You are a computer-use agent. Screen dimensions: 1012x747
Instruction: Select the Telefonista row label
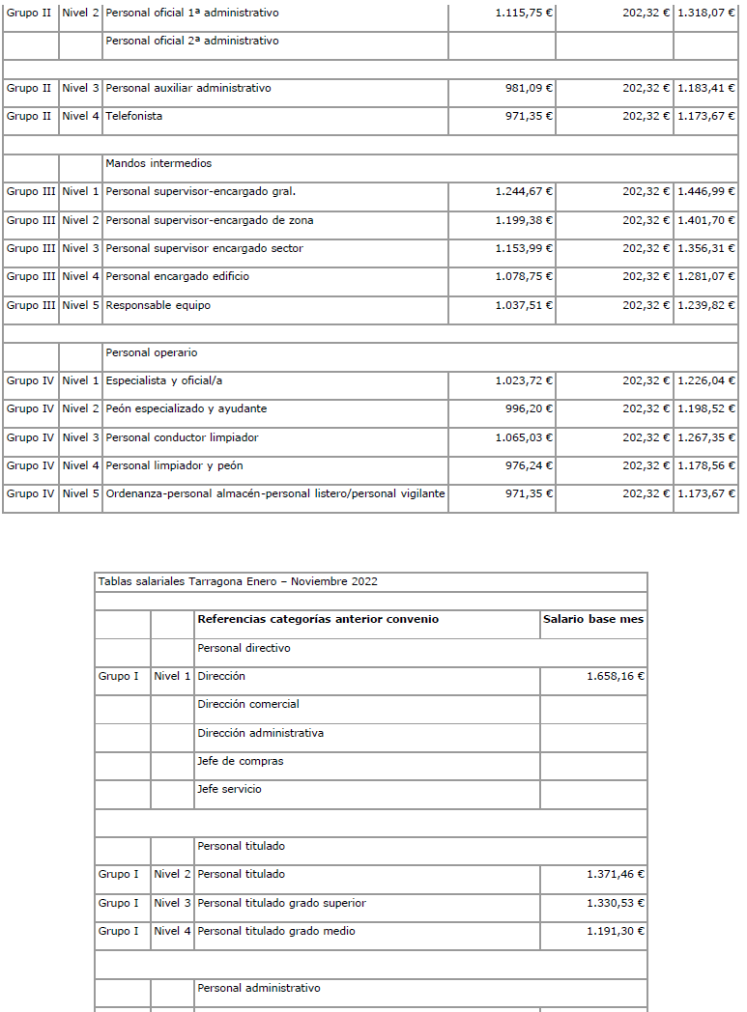pos(134,116)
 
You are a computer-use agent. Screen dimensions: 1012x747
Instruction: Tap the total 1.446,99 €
pos(705,191)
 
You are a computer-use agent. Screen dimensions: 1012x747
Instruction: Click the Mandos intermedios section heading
pos(158,163)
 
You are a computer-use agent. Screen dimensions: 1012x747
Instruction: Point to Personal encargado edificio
pos(178,276)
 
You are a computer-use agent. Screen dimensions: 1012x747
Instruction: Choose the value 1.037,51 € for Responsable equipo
pos(524,305)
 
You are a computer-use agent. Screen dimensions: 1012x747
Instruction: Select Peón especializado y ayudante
pos(187,408)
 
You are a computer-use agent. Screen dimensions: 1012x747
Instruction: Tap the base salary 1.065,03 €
pos(524,437)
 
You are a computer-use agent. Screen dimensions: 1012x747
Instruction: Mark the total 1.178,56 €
pos(705,465)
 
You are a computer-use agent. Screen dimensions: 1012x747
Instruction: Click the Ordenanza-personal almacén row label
pos(275,493)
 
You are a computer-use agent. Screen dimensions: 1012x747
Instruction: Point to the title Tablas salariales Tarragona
pos(238,581)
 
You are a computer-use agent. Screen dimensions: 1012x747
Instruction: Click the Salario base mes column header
pos(593,619)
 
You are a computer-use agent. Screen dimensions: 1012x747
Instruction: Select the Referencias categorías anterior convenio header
pos(318,619)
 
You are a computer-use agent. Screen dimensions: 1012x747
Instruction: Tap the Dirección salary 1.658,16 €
pos(616,676)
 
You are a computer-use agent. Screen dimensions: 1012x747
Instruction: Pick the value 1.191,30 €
pos(616,931)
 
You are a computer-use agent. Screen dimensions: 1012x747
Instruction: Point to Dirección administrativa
pos(260,733)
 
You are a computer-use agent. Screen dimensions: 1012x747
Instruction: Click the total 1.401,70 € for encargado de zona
pos(705,220)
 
